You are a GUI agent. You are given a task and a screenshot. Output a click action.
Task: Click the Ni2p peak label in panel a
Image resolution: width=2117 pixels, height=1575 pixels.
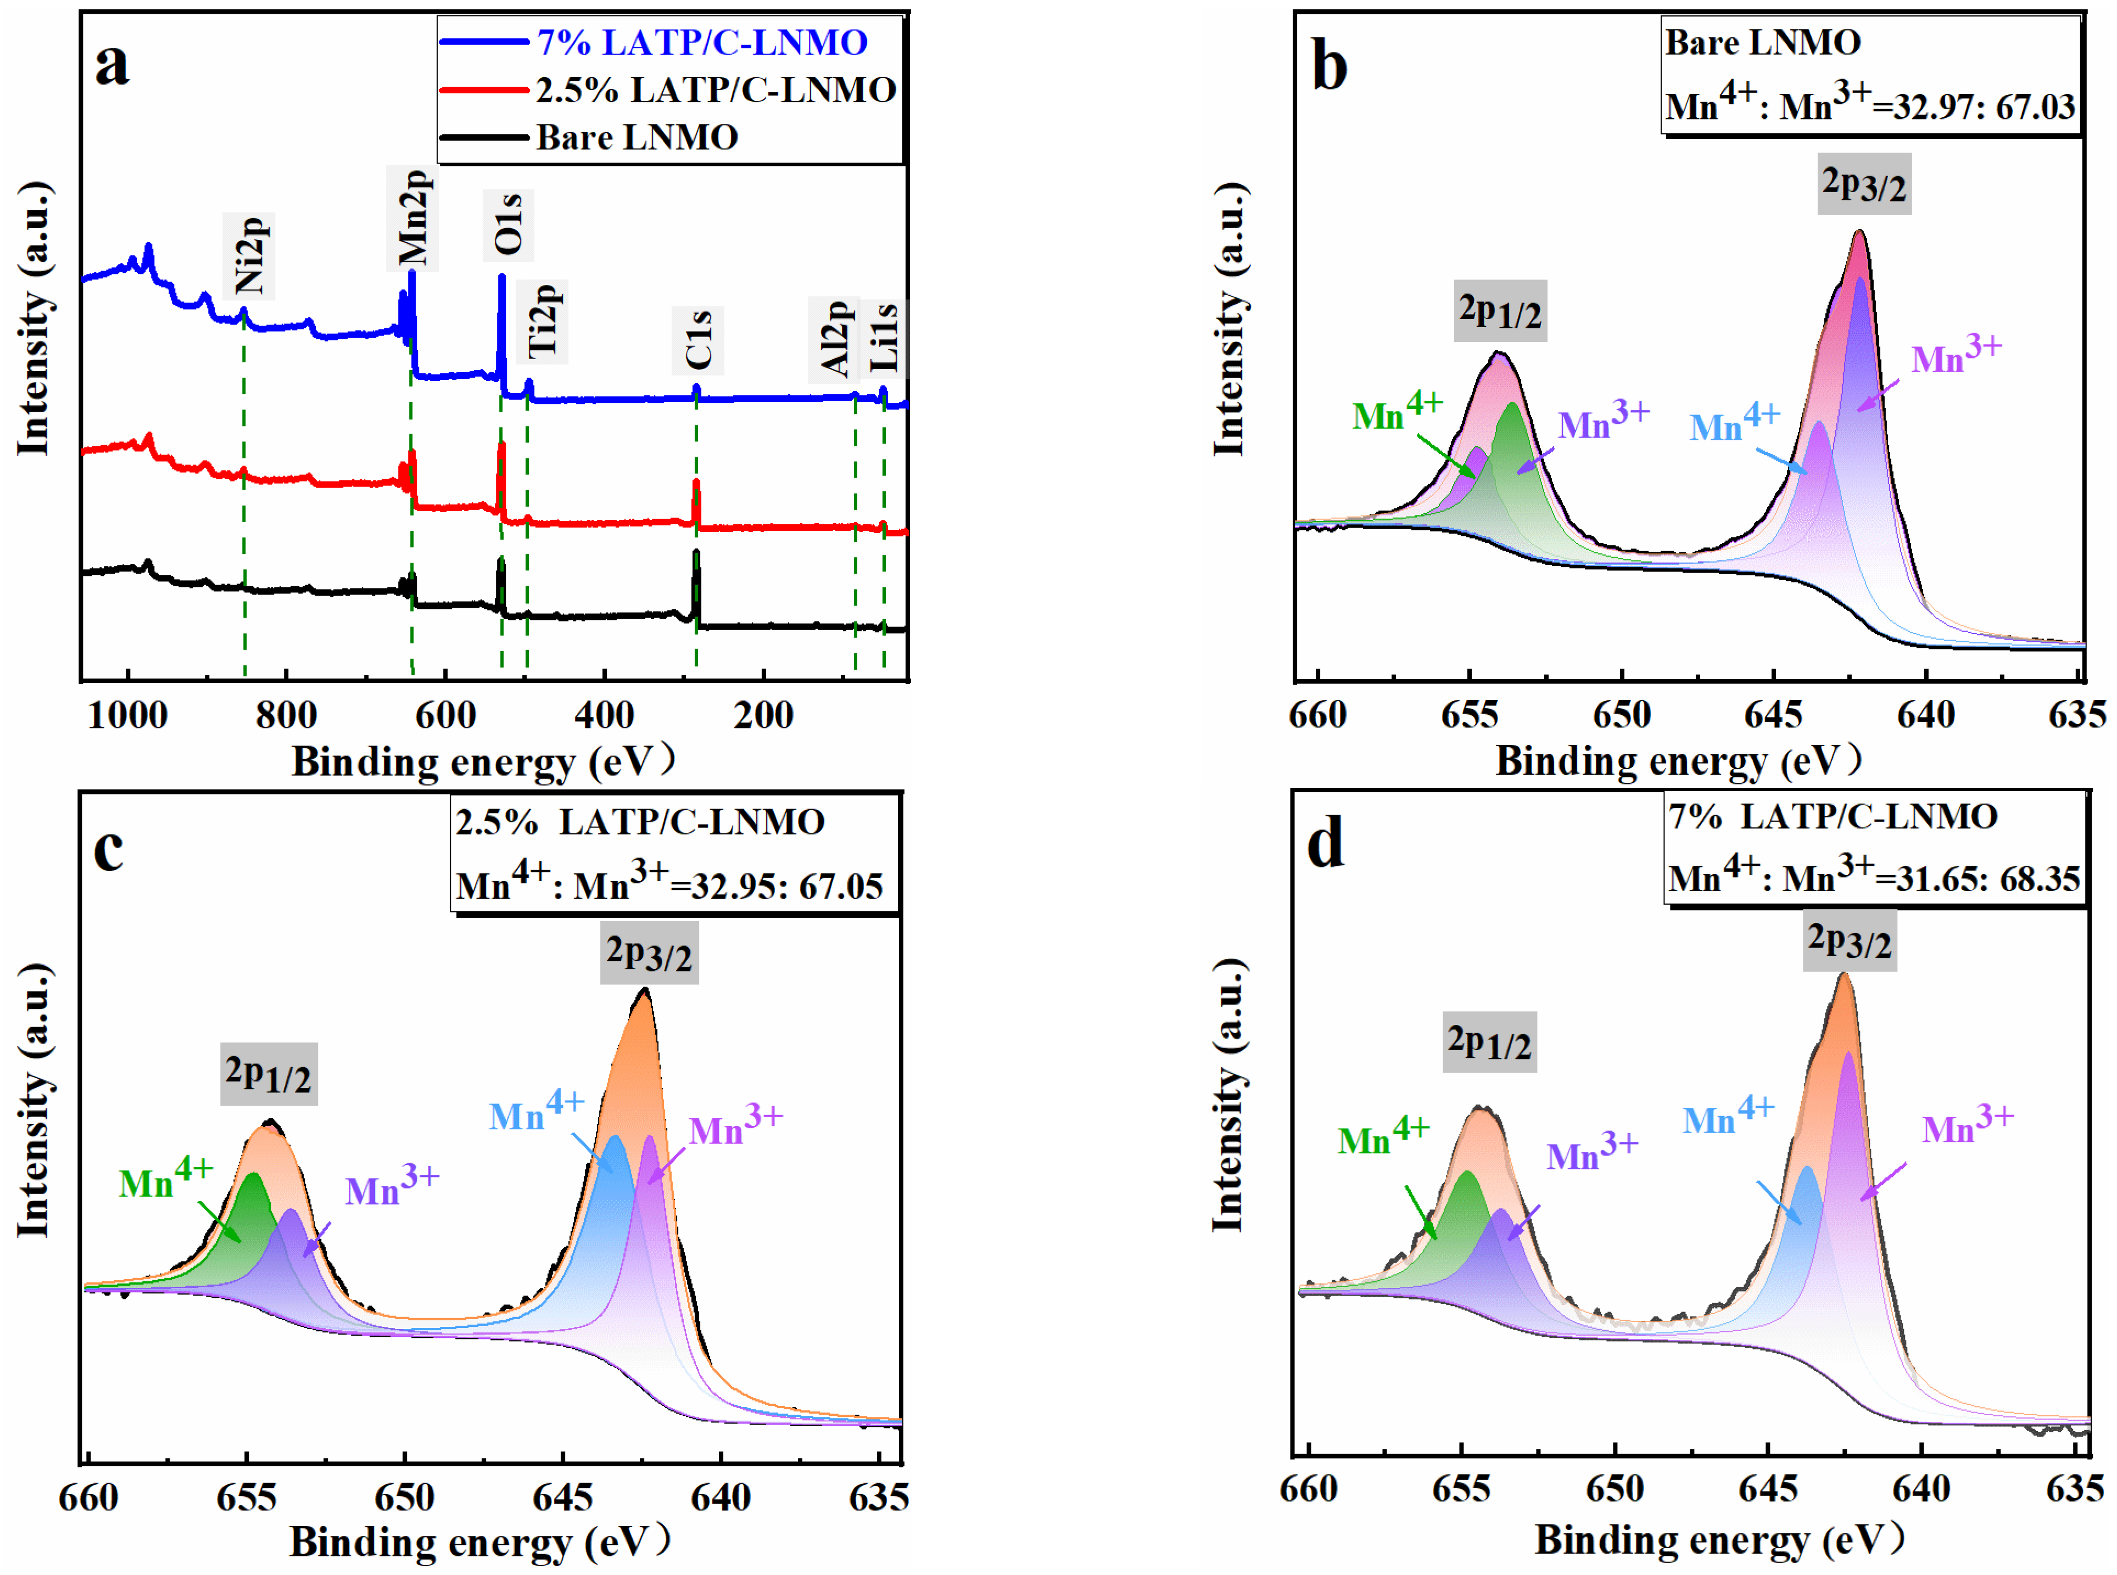tap(249, 255)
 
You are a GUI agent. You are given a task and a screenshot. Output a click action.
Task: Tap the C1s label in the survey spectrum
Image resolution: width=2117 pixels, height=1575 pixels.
tap(698, 340)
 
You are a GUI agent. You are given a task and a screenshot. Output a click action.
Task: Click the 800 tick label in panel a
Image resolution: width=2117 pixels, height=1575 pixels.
tap(286, 715)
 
